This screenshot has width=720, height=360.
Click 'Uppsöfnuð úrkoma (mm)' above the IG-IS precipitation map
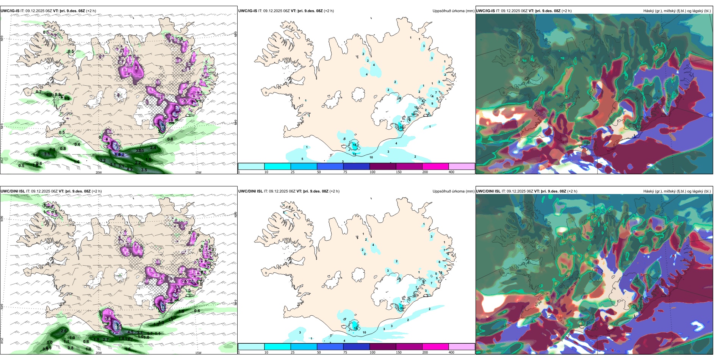tap(453, 11)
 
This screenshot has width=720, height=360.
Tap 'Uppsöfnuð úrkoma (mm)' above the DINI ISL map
tap(453, 191)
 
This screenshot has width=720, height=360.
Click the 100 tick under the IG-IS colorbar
tap(373, 172)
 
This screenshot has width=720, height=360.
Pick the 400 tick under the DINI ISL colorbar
tap(451, 352)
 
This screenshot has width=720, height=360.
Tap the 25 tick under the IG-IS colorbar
tap(293, 172)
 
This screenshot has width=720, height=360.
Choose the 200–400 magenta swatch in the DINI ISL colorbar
tap(435, 347)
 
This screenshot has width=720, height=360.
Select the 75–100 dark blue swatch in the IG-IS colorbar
tap(356, 166)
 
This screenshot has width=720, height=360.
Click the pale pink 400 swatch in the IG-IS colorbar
tap(462, 166)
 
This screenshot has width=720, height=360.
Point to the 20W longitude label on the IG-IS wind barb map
tap(99, 172)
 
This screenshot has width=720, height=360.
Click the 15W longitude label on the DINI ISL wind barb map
tap(198, 353)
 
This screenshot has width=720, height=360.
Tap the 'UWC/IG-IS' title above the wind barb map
tap(10, 11)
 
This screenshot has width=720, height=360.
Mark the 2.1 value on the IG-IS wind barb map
tap(137, 68)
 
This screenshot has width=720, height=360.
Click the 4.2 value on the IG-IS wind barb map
tap(130, 169)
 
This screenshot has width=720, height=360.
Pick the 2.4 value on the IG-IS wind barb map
tap(153, 147)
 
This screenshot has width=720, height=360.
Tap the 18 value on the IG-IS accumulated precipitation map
tap(355, 145)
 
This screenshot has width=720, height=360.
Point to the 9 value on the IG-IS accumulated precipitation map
tap(432, 103)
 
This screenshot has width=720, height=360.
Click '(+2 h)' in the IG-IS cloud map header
tap(567, 11)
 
